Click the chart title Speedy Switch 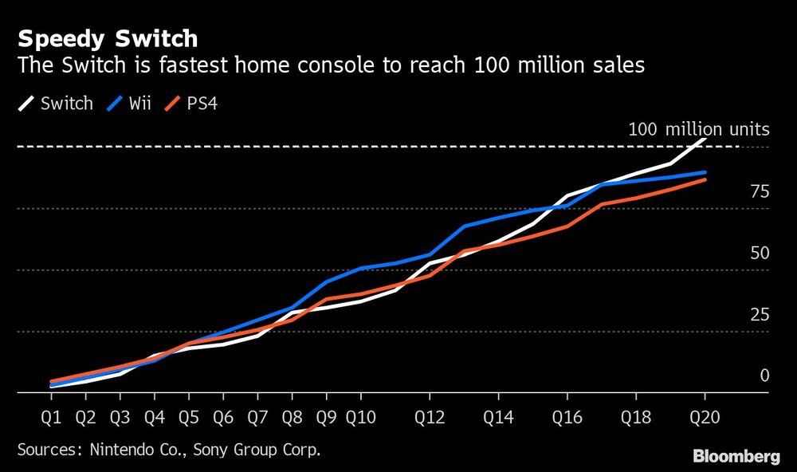click(108, 38)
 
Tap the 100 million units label click(698, 129)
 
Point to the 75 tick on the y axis click(760, 191)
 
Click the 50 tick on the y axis click(760, 253)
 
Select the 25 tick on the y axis click(760, 314)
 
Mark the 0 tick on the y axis click(764, 376)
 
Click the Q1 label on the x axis click(51, 416)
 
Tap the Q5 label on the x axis click(188, 416)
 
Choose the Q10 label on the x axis click(361, 416)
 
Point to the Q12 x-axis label click(430, 416)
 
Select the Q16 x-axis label click(567, 416)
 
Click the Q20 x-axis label click(705, 416)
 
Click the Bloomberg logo click(736, 456)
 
